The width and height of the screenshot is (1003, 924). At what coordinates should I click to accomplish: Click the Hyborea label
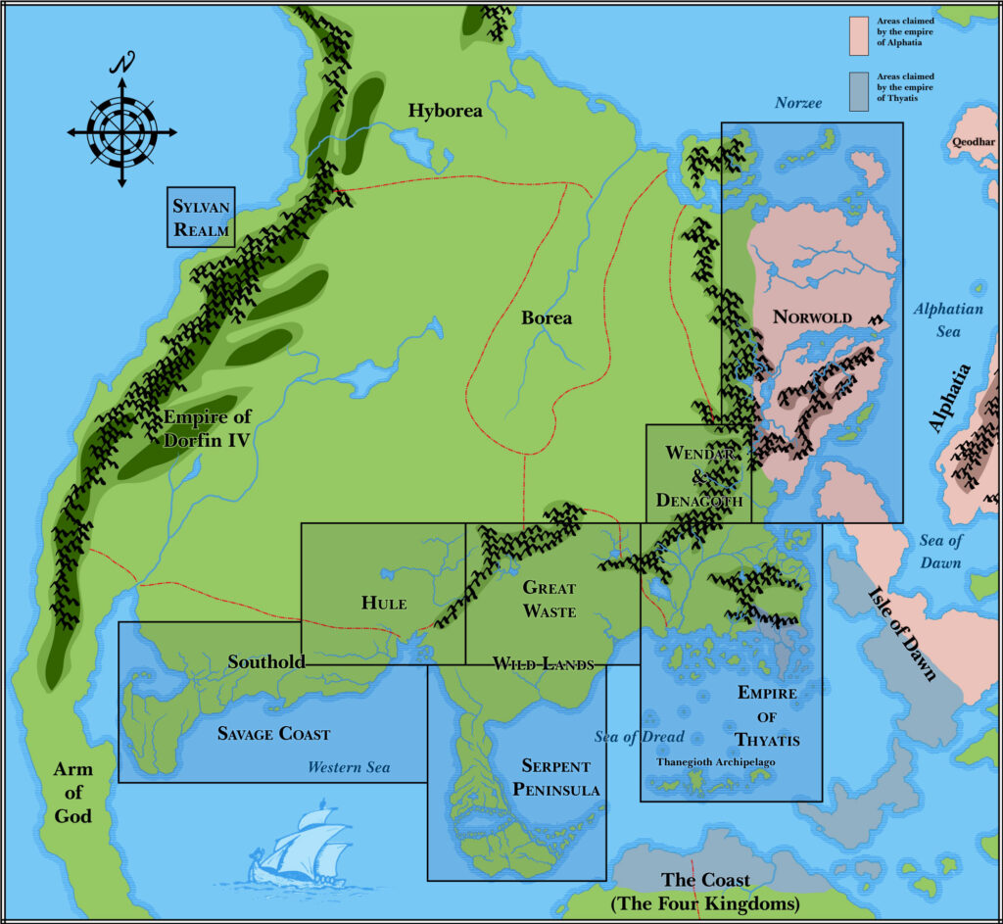point(446,111)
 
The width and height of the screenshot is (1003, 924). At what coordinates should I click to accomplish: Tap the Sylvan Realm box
point(201,218)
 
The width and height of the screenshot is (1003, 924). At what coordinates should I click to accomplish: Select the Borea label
point(547,317)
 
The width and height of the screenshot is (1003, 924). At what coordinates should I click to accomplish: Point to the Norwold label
point(812,317)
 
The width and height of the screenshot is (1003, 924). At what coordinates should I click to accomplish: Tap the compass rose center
point(122,132)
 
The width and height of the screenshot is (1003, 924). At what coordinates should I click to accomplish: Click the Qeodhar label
point(972,142)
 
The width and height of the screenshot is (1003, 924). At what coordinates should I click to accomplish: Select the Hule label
point(384,603)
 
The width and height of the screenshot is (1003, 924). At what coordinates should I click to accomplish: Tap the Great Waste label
point(549,599)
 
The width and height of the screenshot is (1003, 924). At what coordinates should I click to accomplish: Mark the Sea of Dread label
point(639,737)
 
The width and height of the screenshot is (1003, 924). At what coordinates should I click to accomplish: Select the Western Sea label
point(349,767)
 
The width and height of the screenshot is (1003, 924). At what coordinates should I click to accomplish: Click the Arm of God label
point(73,792)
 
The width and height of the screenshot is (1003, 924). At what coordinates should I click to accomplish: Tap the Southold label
point(266,661)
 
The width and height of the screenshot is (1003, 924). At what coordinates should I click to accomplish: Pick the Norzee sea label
point(798,103)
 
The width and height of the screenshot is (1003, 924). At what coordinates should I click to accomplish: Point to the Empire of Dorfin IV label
point(207,428)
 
